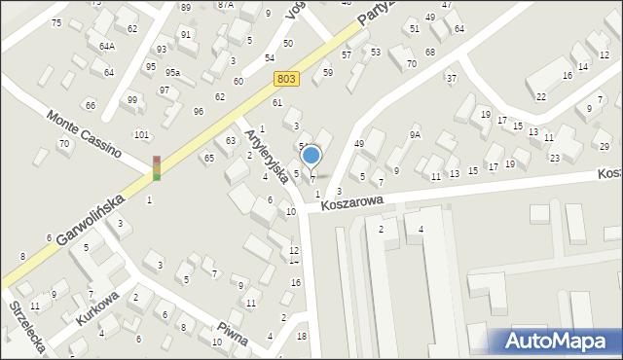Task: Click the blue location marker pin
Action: (x=311, y=156)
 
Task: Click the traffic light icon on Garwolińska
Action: (x=156, y=168)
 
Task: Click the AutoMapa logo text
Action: (x=555, y=342)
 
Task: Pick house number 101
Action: (x=141, y=135)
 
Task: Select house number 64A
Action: (x=107, y=46)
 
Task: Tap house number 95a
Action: (x=172, y=73)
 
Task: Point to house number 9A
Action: (x=416, y=134)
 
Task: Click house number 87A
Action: (x=226, y=5)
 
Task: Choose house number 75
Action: (x=56, y=23)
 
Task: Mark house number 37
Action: (x=451, y=78)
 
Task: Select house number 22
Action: (x=540, y=96)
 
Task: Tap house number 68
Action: (x=428, y=51)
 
